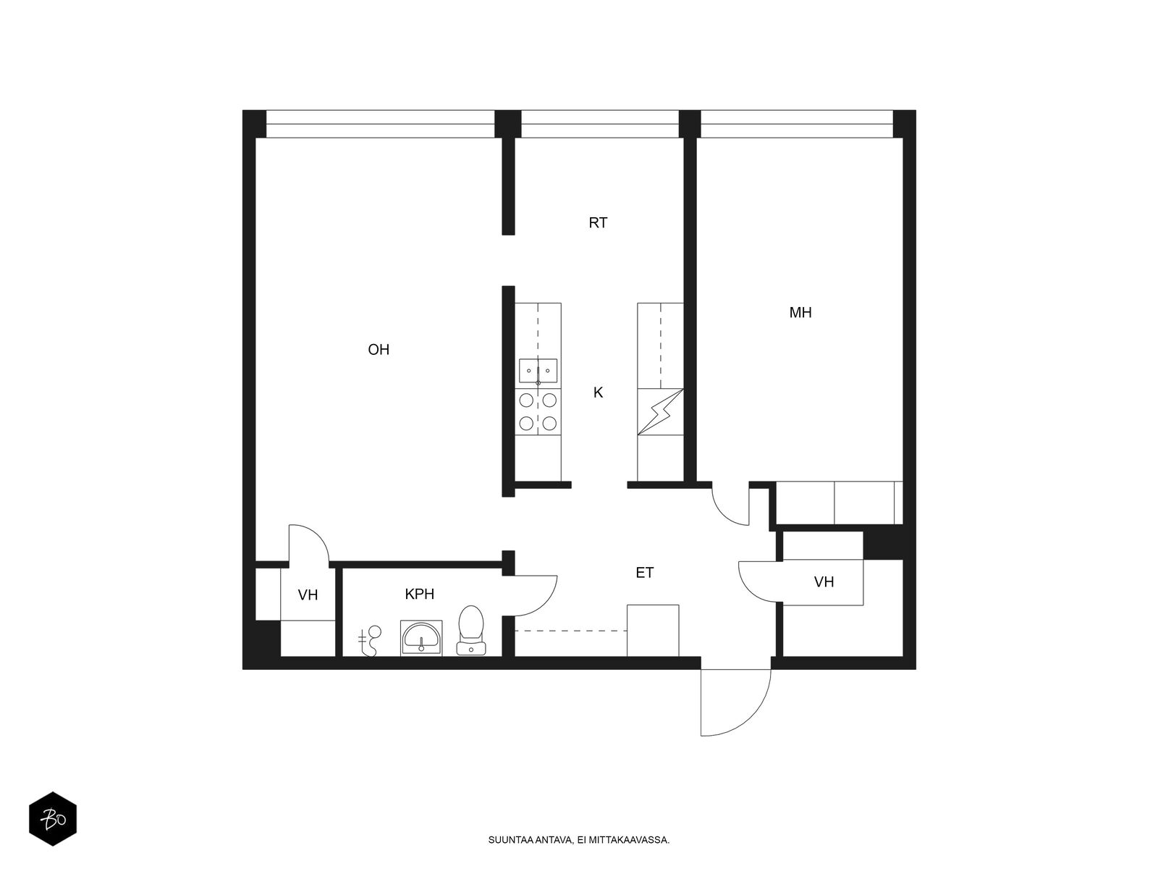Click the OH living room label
pyautogui.click(x=379, y=349)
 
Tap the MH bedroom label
pyautogui.click(x=800, y=312)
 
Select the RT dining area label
pyautogui.click(x=598, y=222)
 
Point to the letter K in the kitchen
pyautogui.click(x=598, y=392)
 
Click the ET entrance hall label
pyautogui.click(x=645, y=573)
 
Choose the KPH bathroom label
pyautogui.click(x=419, y=594)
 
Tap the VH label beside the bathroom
pyautogui.click(x=308, y=595)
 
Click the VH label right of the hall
pyautogui.click(x=824, y=582)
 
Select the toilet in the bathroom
pyautogui.click(x=470, y=630)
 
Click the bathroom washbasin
pyautogui.click(x=421, y=638)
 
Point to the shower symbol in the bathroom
pyautogui.click(x=370, y=641)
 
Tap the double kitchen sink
pyautogui.click(x=538, y=371)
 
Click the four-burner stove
pyautogui.click(x=538, y=412)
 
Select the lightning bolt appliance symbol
pyautogui.click(x=660, y=412)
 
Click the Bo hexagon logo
pyautogui.click(x=53, y=819)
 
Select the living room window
pyautogui.click(x=380, y=124)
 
